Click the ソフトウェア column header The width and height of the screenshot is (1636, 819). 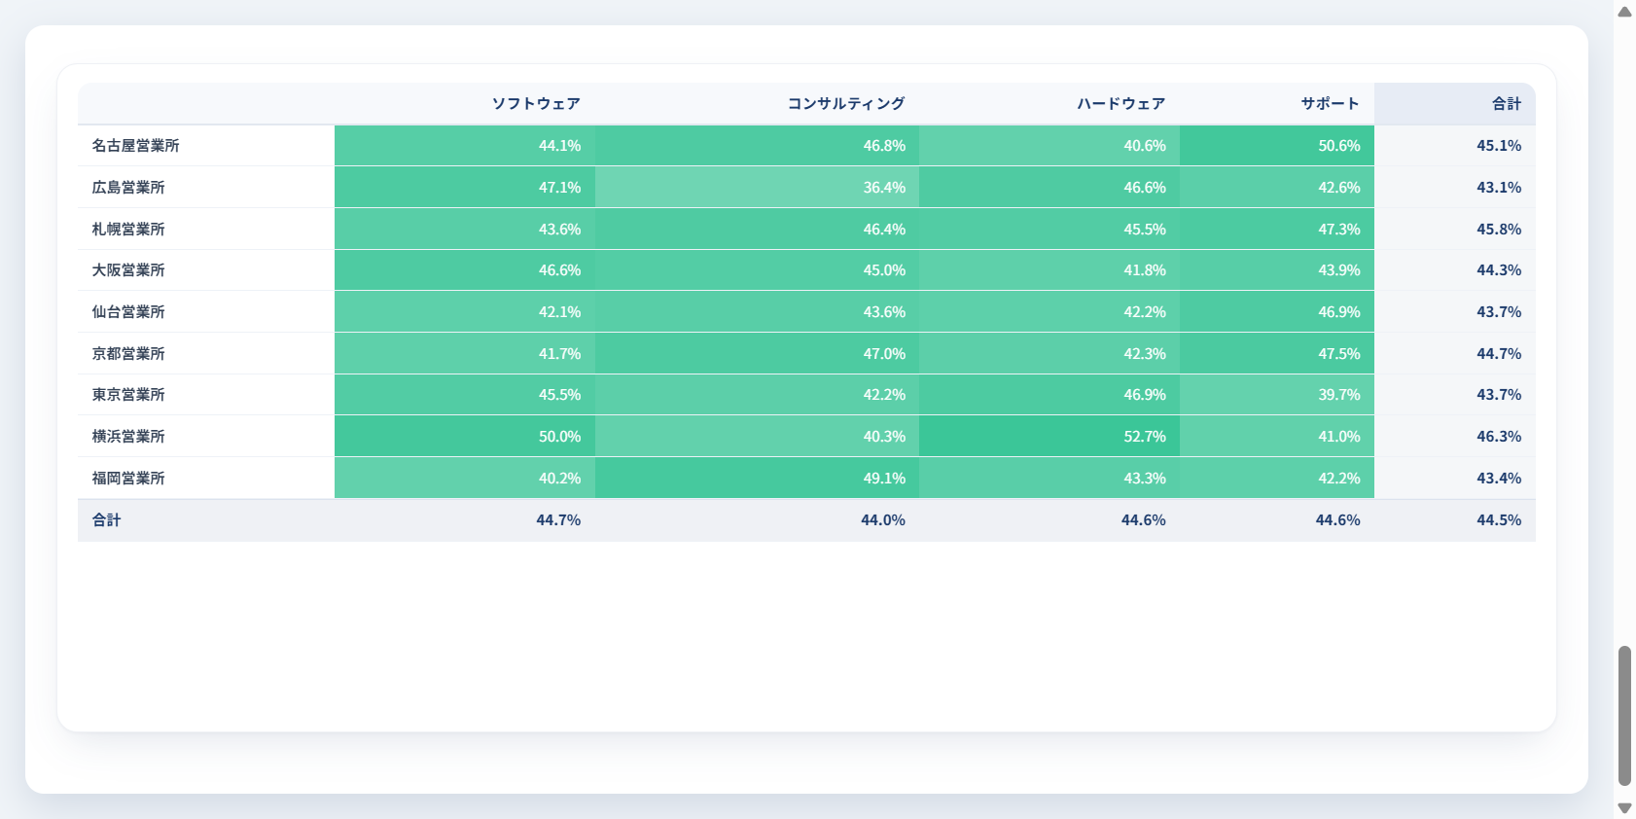536,104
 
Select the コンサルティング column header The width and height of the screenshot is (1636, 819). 846,104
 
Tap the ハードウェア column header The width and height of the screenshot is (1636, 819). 1121,104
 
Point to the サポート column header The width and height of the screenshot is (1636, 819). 1330,104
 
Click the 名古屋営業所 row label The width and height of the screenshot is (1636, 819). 135,145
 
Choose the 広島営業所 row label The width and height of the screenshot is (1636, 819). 127,187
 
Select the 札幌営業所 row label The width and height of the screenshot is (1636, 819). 127,229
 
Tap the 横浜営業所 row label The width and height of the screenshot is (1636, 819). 127,436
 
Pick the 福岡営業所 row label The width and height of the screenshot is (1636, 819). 127,478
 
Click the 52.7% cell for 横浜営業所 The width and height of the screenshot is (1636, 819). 1049,436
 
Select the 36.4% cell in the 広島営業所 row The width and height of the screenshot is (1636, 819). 757,187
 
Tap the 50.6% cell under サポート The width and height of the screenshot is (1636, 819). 1277,145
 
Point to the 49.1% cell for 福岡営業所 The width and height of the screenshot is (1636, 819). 757,478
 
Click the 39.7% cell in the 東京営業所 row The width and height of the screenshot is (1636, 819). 1277,395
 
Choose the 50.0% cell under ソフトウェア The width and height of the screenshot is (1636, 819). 465,436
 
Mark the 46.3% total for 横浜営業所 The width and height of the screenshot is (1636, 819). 1499,436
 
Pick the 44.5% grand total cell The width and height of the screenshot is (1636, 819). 1499,520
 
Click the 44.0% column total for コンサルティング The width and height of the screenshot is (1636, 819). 882,520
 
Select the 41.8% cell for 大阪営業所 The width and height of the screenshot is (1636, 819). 1049,270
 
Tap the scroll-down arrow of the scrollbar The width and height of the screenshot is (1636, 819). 1624,808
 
